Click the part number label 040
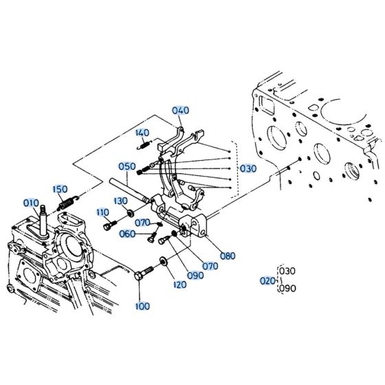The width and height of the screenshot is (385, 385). [180, 110]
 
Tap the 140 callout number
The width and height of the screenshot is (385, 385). [142, 133]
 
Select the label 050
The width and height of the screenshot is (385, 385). [126, 166]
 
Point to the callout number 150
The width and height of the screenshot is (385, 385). [60, 188]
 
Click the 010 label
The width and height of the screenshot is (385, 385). [31, 203]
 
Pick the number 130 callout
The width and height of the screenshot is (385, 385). [120, 200]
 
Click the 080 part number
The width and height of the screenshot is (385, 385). [228, 256]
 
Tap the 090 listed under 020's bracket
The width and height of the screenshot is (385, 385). [288, 289]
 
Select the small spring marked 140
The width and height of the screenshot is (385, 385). [142, 144]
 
